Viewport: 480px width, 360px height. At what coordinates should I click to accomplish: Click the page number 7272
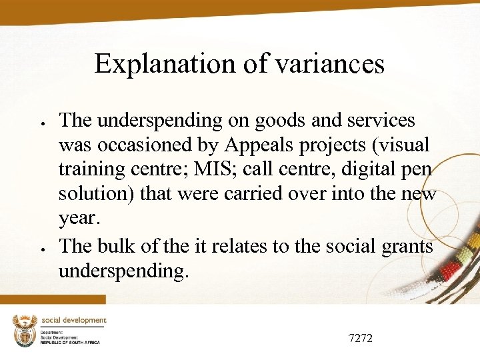tap(361, 339)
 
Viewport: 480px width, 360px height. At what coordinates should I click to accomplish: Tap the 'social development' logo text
tap(74, 321)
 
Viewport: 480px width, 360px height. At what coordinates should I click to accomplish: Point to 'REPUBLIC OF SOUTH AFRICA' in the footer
tap(70, 342)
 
